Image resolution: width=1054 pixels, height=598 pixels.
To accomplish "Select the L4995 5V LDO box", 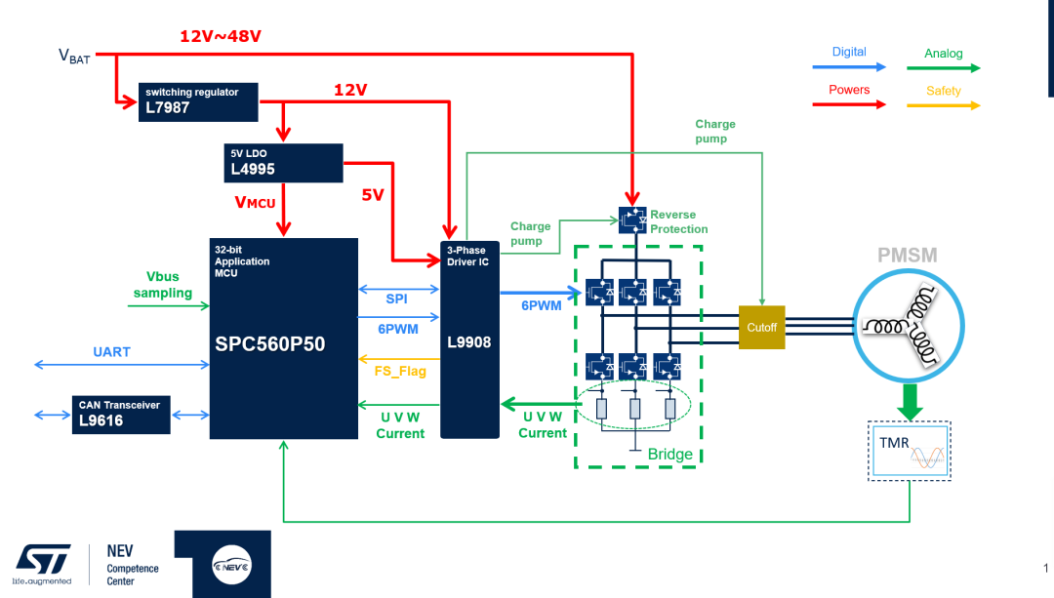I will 283,163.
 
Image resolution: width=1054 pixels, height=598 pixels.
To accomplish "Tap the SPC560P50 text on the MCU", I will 270,344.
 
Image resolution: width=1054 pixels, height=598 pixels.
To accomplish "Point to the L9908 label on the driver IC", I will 468,343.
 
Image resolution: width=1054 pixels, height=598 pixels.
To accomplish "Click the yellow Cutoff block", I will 761,328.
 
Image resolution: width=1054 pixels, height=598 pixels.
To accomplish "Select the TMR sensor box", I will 910,450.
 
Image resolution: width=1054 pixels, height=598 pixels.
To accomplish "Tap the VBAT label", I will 74,57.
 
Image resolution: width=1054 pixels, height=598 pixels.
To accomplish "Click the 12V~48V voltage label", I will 220,37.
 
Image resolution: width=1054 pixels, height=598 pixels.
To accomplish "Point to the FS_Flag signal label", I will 400,371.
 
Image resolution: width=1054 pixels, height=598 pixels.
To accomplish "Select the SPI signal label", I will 396,299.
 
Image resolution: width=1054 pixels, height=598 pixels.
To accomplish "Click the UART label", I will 111,351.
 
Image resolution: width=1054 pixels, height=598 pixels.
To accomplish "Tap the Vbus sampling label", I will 163,285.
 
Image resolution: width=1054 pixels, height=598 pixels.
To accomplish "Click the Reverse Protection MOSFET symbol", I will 632,219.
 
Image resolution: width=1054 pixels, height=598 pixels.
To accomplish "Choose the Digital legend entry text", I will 848,52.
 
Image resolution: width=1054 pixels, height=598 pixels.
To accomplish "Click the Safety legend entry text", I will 943,91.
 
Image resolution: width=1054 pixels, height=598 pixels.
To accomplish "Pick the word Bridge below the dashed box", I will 669,455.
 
